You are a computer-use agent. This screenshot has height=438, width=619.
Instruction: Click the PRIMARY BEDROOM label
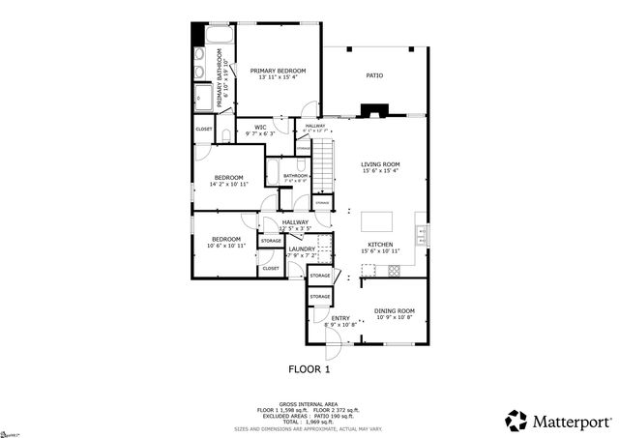point(278,72)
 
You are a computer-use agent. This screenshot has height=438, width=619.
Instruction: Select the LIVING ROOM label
point(380,164)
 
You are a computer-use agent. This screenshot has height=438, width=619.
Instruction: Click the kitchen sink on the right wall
point(422,233)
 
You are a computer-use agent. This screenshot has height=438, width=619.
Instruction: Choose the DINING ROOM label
point(394,311)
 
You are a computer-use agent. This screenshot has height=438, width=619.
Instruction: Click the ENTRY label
point(340,318)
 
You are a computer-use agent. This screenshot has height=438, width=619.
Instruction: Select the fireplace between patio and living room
point(373,111)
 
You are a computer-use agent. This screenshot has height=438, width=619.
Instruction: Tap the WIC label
point(260,127)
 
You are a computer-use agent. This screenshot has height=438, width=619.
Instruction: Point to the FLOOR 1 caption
point(309,369)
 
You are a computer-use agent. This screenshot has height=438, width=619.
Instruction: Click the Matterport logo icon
point(517,421)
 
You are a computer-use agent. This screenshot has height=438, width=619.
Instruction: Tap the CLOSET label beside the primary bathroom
point(204,129)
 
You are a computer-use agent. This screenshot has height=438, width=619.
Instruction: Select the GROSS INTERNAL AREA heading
point(309,403)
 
